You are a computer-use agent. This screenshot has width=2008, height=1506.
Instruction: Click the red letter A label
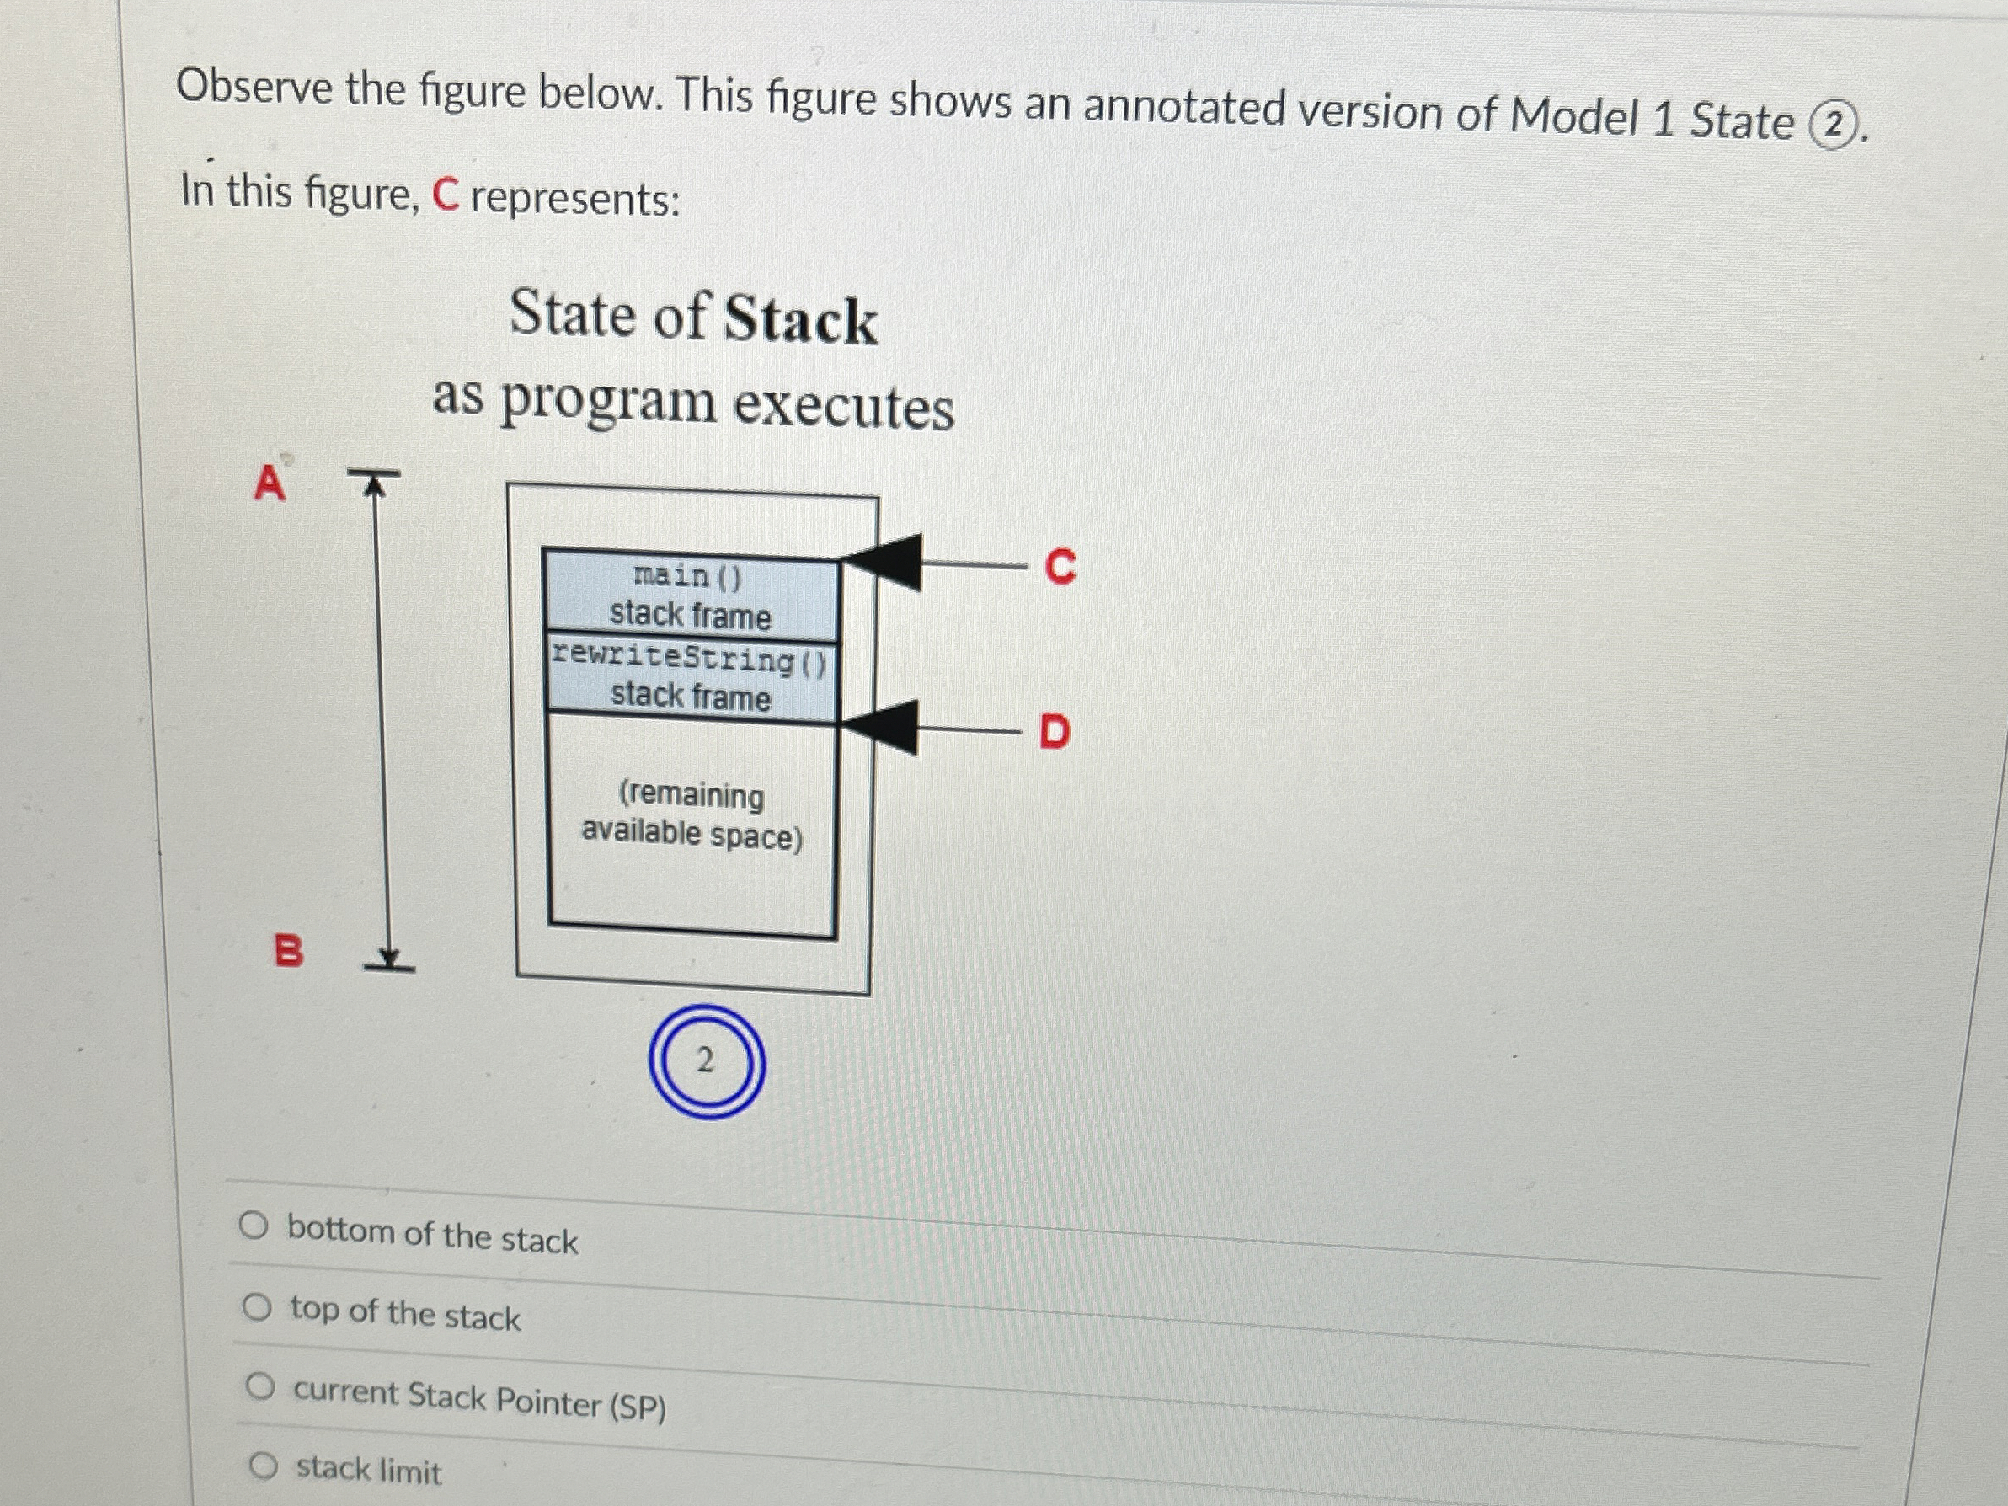click(x=269, y=483)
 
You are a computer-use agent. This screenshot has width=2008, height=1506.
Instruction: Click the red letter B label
click(x=288, y=951)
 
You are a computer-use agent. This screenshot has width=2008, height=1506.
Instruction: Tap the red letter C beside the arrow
click(x=1060, y=567)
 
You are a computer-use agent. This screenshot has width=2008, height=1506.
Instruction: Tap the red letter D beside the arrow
click(x=1054, y=731)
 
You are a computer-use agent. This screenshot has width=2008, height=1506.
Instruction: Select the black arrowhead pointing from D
click(x=884, y=726)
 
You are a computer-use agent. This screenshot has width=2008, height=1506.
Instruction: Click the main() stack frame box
click(x=690, y=595)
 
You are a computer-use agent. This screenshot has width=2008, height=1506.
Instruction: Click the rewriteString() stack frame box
click(x=690, y=677)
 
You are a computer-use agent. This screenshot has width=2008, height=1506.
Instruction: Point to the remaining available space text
click(x=692, y=815)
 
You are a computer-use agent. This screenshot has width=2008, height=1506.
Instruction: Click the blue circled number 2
click(x=706, y=1060)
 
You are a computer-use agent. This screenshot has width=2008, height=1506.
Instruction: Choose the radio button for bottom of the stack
click(x=254, y=1226)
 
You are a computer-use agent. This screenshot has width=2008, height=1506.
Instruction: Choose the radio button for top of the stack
click(x=257, y=1308)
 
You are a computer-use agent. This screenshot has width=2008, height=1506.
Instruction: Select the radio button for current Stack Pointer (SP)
click(x=260, y=1386)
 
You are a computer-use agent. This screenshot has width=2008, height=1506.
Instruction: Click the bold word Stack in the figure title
click(x=801, y=319)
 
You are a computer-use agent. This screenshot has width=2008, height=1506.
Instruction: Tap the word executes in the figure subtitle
click(x=843, y=406)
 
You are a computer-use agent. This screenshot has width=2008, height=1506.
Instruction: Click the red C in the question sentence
click(x=445, y=195)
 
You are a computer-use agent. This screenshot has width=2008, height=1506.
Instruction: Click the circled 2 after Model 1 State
click(x=1833, y=126)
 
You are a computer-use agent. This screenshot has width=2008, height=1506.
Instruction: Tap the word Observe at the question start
click(x=254, y=88)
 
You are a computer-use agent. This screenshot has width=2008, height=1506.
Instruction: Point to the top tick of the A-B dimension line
click(x=373, y=473)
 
